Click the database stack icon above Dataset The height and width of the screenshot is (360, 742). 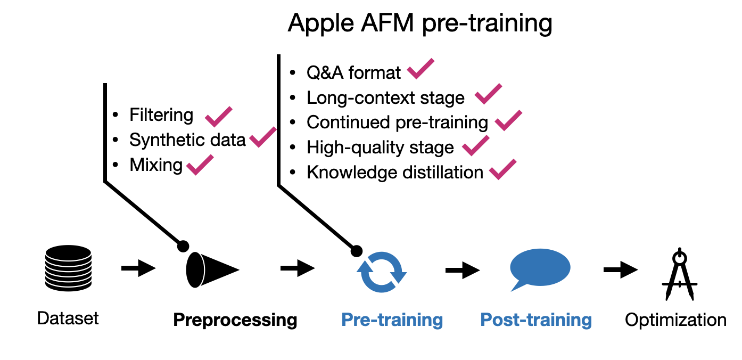click(x=68, y=268)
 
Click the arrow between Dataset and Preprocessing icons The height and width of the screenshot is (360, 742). click(x=138, y=268)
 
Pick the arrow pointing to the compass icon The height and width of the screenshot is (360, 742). click(x=620, y=269)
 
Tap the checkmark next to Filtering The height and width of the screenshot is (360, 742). click(x=218, y=116)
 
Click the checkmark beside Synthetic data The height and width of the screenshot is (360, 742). click(x=263, y=137)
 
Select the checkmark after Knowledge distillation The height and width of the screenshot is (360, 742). click(x=502, y=169)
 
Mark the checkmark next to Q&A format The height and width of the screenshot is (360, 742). click(x=421, y=69)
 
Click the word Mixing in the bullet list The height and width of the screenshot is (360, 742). click(x=156, y=165)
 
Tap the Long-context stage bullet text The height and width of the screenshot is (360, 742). click(x=385, y=97)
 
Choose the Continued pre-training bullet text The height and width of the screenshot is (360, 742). click(x=397, y=122)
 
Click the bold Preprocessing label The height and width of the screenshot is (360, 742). click(x=235, y=320)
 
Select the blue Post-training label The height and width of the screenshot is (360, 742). click(x=536, y=320)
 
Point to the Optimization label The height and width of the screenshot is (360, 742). click(x=675, y=320)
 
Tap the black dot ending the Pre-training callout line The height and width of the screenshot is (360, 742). click(x=356, y=250)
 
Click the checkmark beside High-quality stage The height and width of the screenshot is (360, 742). click(x=475, y=145)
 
